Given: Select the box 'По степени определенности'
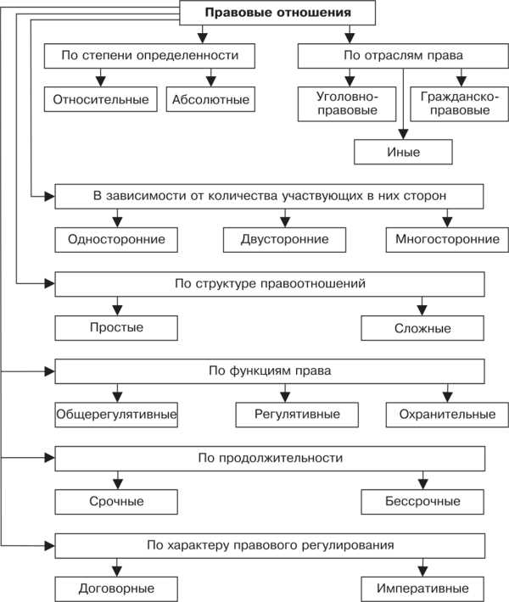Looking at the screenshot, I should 152,56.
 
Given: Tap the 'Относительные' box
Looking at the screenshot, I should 101,99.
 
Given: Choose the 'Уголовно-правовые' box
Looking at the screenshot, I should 349,103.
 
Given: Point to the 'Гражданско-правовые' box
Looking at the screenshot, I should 449,103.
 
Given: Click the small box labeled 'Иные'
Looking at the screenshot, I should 403,153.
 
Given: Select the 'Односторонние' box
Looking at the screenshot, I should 116,239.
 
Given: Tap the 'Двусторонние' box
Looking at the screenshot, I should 286,239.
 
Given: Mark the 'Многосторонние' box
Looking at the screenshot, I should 447,239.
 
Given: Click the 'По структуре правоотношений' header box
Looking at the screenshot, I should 270,283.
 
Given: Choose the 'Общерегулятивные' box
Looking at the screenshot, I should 116,415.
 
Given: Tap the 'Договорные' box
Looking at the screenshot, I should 116,588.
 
